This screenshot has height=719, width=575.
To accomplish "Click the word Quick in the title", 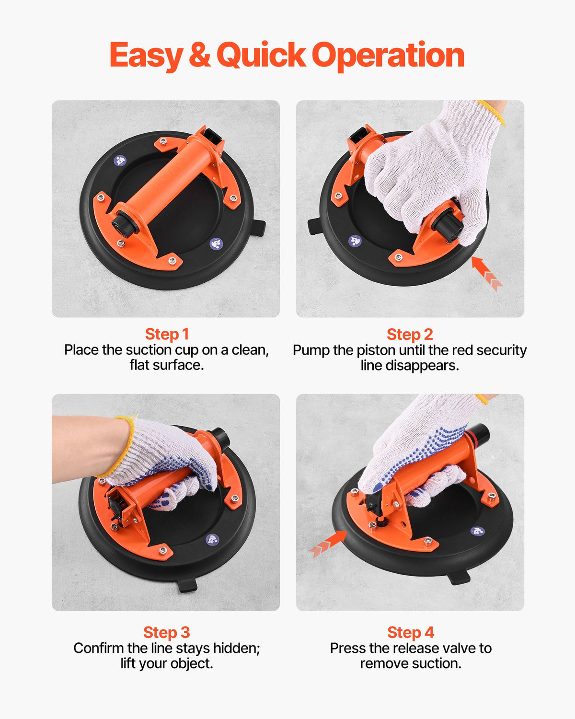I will [x=261, y=55].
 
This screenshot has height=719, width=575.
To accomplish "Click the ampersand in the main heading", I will [x=199, y=55].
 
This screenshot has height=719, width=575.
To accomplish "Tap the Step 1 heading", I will [x=167, y=334].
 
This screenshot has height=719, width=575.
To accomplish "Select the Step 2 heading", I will [x=410, y=334].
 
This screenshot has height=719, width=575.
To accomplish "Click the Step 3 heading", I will [x=166, y=632].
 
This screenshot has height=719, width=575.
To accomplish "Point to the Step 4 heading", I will [x=411, y=632].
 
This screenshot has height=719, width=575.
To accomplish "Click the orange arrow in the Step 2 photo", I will [x=486, y=272].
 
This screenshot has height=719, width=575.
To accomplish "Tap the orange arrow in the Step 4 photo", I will [x=329, y=544].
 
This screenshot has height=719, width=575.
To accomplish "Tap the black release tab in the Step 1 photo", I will [x=259, y=227].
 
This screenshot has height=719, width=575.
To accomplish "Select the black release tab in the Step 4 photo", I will [x=459, y=577].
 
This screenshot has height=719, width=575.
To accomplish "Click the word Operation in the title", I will [x=388, y=55].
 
